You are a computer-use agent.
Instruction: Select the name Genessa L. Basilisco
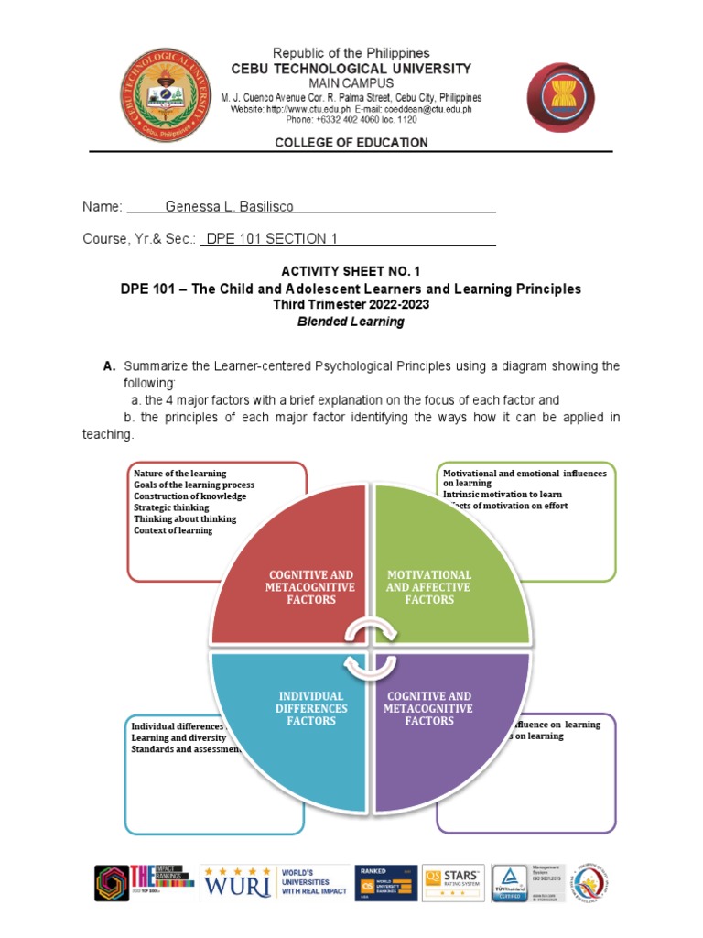coord(229,207)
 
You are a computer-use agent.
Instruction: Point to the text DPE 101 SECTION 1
coord(272,239)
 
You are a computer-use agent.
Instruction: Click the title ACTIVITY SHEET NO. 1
coord(351,272)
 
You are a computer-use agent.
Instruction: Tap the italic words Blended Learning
coord(351,322)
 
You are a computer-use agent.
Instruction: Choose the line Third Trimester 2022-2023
coord(351,305)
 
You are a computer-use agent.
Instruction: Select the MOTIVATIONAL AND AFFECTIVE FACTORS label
coord(428,587)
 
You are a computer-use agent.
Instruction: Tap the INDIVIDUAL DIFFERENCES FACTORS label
coord(311,708)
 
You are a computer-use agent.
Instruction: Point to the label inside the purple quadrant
coord(428,708)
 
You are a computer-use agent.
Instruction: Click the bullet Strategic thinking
coord(171,507)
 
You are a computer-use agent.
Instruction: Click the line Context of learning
coord(173,530)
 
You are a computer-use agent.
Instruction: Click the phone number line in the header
coord(351,119)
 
